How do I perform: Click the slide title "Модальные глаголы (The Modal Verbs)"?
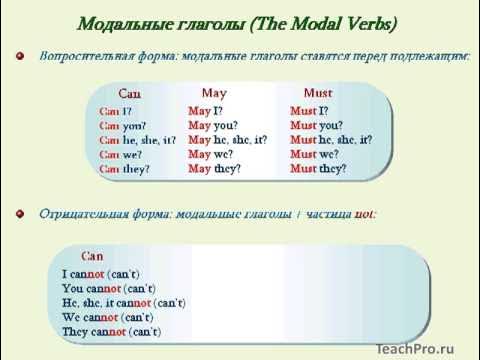[241, 23]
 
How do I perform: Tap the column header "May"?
[214, 91]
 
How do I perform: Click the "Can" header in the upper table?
[131, 93]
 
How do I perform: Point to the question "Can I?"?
[116, 111]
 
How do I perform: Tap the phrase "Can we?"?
[119, 155]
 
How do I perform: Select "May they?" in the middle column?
[213, 169]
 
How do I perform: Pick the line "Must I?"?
[308, 111]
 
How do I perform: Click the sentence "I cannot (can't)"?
[100, 274]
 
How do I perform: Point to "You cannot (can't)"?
[107, 288]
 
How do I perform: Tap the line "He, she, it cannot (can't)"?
[124, 302]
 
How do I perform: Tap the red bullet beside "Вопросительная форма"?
[19, 59]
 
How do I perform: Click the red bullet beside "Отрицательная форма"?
[19, 214]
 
